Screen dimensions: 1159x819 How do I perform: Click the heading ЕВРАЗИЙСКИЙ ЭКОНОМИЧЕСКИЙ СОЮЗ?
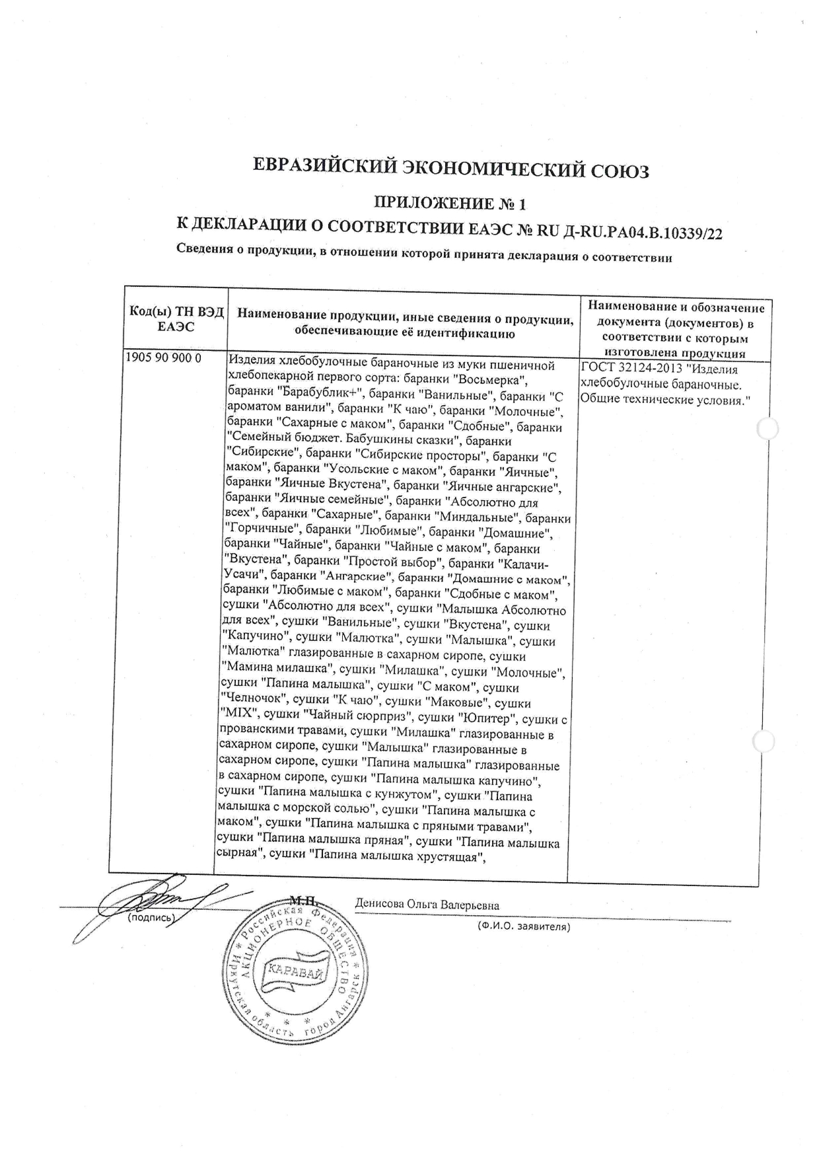[x=452, y=170]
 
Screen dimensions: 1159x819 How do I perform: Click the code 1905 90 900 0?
[x=163, y=358]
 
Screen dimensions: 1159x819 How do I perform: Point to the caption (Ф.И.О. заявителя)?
[x=524, y=927]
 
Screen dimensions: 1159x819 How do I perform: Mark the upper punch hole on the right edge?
[x=767, y=429]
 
